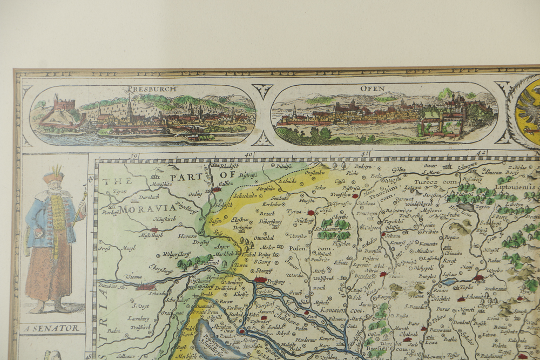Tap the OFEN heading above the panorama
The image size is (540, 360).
tap(373, 88)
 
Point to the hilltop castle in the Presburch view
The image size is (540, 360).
tap(63, 103)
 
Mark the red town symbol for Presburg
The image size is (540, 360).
tap(261, 280)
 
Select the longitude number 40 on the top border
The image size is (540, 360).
tap(248, 155)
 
